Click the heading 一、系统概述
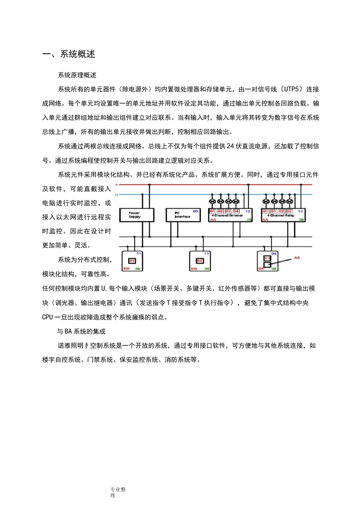coord(69,54)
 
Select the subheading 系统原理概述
coord(77,75)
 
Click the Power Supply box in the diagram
coord(136,215)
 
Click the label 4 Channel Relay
coord(281,215)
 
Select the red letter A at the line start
coord(117,185)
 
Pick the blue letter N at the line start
coord(116,195)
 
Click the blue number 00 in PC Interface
coord(196,211)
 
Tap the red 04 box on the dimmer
coord(236,211)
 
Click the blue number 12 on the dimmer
coord(248,211)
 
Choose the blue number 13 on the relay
coord(300,211)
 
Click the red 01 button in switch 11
coord(132,261)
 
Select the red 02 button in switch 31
coord(200,261)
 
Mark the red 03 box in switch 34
coord(267,258)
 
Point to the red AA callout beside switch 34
coord(297,258)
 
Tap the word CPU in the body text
coord(47,317)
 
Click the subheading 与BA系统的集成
coord(81,331)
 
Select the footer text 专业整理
coord(118,492)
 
